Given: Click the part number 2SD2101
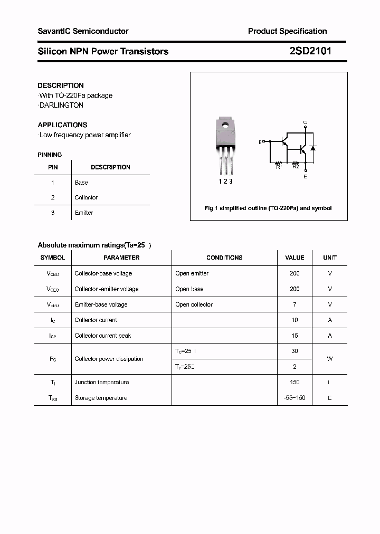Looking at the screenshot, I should click(x=310, y=51).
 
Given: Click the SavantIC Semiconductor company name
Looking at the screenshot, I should click(x=83, y=31).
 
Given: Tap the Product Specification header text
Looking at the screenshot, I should click(x=287, y=31).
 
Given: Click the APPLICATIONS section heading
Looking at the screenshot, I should click(x=62, y=125).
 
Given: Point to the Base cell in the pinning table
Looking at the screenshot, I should click(x=81, y=183).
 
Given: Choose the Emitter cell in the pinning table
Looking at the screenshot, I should click(x=83, y=213).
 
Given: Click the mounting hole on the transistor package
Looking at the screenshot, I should click(x=225, y=125).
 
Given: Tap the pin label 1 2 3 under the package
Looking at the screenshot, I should click(x=225, y=181).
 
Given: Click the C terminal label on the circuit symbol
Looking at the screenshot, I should click(x=305, y=122).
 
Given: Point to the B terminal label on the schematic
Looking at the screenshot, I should click(x=260, y=142).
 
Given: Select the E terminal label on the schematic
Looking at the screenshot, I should click(x=305, y=177).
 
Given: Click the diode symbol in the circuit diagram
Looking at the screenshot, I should click(x=313, y=148).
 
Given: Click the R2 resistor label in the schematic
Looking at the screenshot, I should click(x=296, y=167).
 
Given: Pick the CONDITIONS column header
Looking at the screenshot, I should click(x=224, y=258).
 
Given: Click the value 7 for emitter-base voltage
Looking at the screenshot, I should click(x=294, y=304).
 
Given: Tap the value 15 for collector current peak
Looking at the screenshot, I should click(x=294, y=336).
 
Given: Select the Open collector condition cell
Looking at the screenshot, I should click(x=194, y=304).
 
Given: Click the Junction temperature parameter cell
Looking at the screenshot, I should click(x=101, y=382).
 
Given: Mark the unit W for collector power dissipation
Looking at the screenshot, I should click(x=329, y=359).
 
